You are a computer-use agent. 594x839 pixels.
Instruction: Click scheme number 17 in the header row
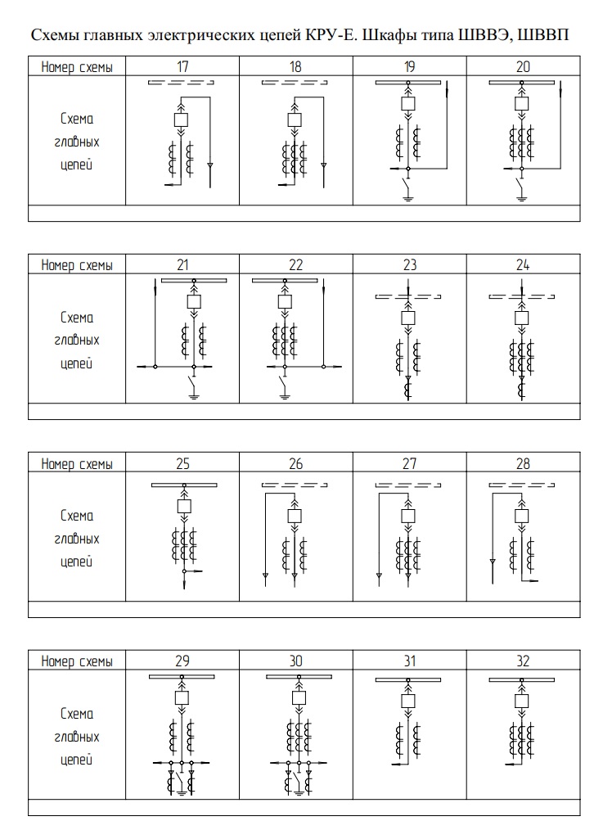[x=182, y=66]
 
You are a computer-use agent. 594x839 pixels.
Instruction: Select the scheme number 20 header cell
[x=523, y=66]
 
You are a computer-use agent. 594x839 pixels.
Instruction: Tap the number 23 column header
[x=409, y=265]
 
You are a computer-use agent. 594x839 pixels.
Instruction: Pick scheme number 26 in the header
[x=295, y=464]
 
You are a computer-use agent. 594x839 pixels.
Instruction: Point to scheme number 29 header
[x=182, y=661]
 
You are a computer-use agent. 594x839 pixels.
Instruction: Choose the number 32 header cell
[x=523, y=661]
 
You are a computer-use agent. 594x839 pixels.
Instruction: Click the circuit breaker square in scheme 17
[x=182, y=120]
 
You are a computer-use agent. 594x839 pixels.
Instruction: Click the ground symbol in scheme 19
[x=407, y=198]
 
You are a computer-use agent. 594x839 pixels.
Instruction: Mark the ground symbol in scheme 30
[x=299, y=793]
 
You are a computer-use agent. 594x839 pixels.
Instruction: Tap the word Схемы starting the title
[x=55, y=37]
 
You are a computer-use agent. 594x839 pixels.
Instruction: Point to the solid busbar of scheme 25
[x=183, y=486]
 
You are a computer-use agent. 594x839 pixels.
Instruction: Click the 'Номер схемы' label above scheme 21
[x=77, y=265]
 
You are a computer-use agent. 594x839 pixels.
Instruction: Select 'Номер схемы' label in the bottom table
[x=77, y=661]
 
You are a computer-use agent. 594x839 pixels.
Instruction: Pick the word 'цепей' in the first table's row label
[x=77, y=165]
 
